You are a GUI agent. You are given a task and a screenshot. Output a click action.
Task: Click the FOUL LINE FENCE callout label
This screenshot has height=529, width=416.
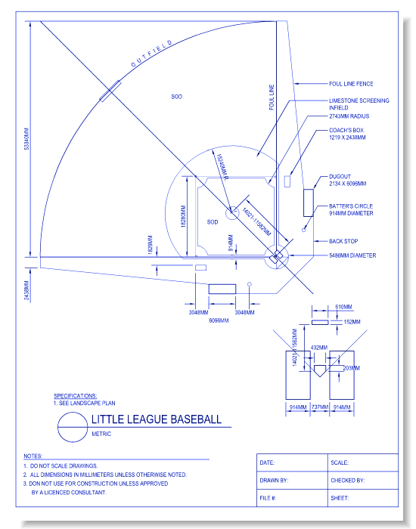(x=350, y=84)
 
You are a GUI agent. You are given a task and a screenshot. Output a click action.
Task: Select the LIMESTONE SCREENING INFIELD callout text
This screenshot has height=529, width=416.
(x=359, y=104)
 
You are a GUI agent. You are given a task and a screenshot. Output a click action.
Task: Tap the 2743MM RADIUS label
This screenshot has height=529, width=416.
(x=349, y=117)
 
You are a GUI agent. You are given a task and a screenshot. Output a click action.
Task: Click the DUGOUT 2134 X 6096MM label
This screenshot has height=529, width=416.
(x=347, y=180)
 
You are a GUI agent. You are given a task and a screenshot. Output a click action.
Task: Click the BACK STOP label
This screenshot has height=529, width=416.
(x=343, y=242)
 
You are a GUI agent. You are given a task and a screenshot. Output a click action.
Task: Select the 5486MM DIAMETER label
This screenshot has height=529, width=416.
(x=352, y=255)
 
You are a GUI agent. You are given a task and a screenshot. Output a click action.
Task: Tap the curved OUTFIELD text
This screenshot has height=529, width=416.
(x=151, y=54)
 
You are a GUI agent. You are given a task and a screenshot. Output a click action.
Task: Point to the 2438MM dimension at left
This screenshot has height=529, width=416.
(x=26, y=287)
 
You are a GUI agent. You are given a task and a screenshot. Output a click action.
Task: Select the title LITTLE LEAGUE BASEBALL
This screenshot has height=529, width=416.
(x=156, y=419)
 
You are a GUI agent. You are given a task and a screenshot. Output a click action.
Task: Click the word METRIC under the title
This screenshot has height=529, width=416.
(x=101, y=434)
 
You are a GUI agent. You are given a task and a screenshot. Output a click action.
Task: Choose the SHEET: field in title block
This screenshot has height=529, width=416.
(x=340, y=498)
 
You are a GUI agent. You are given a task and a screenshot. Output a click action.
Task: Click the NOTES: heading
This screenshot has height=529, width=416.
(x=33, y=456)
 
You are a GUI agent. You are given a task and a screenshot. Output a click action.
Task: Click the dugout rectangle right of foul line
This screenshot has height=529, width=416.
(x=308, y=203)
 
